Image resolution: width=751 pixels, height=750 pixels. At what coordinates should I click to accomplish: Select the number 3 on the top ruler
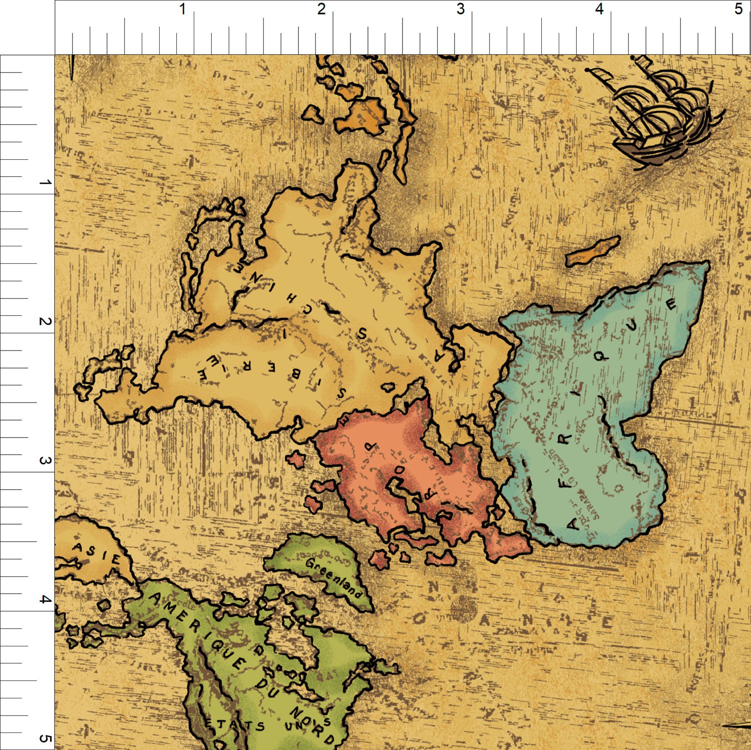[x=460, y=9]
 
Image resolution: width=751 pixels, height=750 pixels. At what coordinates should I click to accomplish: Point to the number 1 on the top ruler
[x=183, y=9]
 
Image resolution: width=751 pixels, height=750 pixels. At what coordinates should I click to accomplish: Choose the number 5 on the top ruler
[x=738, y=9]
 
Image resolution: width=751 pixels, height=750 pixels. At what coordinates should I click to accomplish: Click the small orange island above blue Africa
[x=592, y=251]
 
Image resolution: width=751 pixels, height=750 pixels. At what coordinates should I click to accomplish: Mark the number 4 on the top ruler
[x=599, y=9]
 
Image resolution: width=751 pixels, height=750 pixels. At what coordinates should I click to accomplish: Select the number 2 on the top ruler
[x=321, y=9]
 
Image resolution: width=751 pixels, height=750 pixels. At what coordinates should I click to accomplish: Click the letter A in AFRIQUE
[x=572, y=523]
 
